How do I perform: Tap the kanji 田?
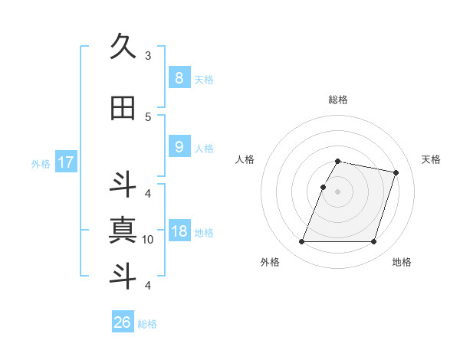coord(123,109)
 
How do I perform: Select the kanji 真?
coord(123,230)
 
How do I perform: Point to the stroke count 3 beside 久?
coord(148,56)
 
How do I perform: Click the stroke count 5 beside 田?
coord(148,116)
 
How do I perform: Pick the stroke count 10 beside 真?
coord(148,240)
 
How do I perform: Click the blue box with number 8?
coord(179,77)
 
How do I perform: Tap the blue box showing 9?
coord(179,147)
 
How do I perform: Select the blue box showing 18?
coord(179,231)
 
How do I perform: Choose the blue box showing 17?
coord(65,162)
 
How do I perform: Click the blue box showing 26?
coord(122,322)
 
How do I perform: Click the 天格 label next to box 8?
coord(204,80)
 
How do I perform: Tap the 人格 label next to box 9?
coord(204,149)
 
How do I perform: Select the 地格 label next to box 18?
coord(204,233)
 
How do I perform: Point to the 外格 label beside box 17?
coord(41,164)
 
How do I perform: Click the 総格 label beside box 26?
coord(147,324)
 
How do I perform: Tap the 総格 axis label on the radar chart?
coord(338,100)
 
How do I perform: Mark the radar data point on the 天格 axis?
coord(396,173)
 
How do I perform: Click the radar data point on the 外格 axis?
coord(302,242)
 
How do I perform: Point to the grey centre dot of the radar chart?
coord(338,191)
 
